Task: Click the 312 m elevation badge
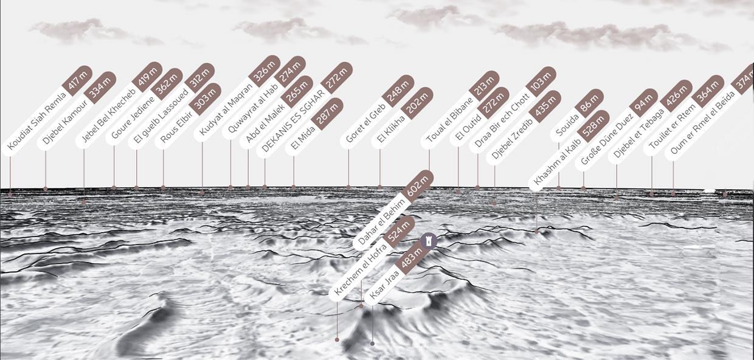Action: point(199,77)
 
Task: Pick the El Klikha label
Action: point(392,128)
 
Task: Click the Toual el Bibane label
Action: point(451,119)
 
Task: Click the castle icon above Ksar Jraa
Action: point(429,241)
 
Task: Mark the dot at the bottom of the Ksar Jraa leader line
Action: point(372,344)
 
